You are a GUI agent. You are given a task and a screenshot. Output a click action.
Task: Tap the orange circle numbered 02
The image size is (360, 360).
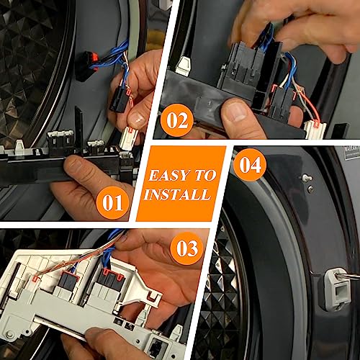(x=175, y=120)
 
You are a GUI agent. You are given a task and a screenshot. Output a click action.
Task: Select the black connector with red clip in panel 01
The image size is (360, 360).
(x=117, y=97)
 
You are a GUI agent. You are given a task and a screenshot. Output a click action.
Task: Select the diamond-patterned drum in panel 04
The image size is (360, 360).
(x=216, y=302)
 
